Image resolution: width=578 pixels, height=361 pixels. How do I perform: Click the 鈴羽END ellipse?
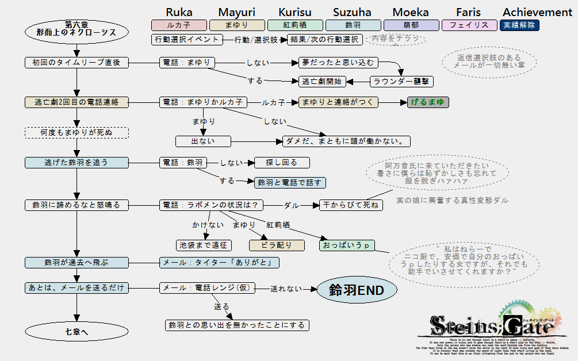pos(357,290)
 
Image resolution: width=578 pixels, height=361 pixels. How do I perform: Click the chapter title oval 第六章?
pos(76,28)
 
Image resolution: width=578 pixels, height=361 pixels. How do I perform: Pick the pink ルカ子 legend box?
pos(178,25)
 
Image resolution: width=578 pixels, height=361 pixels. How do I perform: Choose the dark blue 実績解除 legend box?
pos(519,25)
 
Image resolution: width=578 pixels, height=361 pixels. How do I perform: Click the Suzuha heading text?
pos(352,12)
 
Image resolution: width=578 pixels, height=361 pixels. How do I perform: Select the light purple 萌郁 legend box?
pos(411,25)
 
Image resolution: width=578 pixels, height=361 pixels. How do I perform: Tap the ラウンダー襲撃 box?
pos(401,82)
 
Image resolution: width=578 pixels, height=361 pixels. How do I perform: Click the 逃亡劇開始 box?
pos(321,82)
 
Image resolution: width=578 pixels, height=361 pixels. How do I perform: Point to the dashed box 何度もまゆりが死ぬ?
pos(76,133)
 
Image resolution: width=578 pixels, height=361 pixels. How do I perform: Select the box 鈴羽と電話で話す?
pos(290,183)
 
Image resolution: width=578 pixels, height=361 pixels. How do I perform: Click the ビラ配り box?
pos(277,245)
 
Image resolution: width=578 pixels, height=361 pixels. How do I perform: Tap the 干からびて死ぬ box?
pos(351,205)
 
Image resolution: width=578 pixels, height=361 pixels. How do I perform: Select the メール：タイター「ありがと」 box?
pos(219,263)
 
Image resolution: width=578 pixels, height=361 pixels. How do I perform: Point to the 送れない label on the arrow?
pos(286,289)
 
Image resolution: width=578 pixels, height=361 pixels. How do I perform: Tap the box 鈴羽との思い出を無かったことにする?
pos(237,325)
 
